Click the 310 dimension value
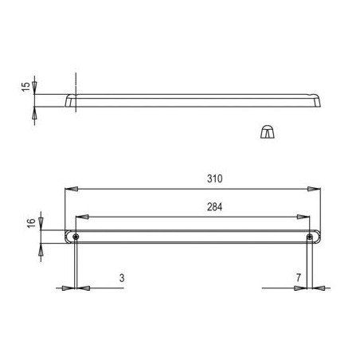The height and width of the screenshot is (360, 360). click(214, 178)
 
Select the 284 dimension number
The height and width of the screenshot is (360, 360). click(214, 207)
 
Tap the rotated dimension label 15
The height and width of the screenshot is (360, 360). click(26, 87)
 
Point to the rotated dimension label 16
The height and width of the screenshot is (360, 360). click(31, 223)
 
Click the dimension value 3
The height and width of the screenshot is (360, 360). click(122, 278)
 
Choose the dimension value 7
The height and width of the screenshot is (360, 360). click(299, 278)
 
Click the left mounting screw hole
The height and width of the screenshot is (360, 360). click(76, 237)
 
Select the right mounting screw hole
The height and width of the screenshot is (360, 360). click(310, 237)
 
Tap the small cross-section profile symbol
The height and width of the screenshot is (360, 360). click(268, 131)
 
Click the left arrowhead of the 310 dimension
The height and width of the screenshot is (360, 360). click(71, 189)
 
